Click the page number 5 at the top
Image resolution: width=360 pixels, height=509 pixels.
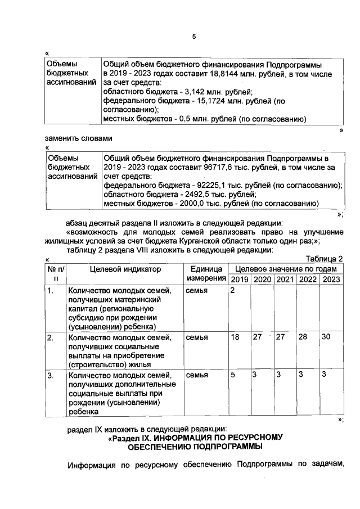pos(193,37)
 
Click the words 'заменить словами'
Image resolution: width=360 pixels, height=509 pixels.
pos(79,138)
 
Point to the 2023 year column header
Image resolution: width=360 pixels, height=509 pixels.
pos(331,280)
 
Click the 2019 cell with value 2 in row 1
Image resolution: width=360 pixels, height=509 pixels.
pos(232,290)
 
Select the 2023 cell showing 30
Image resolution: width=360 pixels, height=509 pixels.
pos(326,337)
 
